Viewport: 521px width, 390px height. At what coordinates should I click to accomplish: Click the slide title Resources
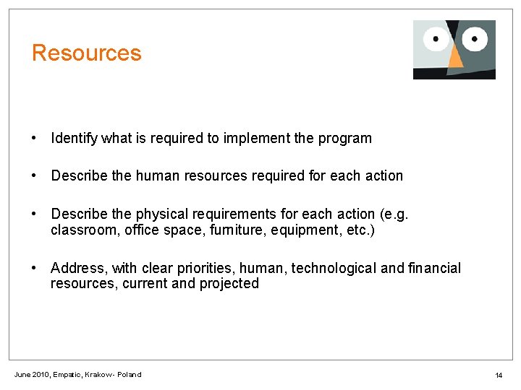pos(86,53)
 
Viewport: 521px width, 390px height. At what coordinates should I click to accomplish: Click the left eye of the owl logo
pos(436,38)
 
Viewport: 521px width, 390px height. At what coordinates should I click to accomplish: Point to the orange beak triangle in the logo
pos(455,58)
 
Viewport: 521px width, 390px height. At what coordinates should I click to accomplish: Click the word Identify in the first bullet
pos(75,138)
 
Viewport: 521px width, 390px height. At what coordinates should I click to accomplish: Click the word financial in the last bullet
pos(433,269)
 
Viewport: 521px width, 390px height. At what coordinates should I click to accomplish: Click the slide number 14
pos(499,376)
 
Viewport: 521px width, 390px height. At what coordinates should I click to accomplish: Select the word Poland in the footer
pos(129,375)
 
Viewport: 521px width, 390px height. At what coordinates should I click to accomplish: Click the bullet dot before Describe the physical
pos(34,214)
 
